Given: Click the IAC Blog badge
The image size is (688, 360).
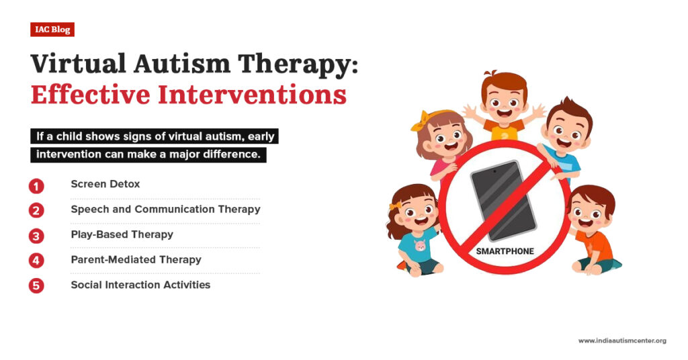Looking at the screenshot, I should (52, 30).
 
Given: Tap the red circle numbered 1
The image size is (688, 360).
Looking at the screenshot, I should (36, 185).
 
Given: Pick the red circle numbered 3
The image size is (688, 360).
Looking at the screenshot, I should (36, 236).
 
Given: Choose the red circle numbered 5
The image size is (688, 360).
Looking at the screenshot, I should (36, 285).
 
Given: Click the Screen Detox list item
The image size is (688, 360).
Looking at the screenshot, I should (105, 184).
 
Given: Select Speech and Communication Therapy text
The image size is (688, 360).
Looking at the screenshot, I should (165, 209).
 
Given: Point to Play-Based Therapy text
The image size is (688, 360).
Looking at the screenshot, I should (122, 234).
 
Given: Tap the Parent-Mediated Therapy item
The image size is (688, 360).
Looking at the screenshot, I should (136, 259).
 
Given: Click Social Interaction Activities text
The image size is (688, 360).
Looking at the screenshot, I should (140, 285).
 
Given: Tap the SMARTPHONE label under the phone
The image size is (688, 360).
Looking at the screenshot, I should (505, 251).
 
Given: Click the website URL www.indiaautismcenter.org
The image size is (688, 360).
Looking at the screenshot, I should (621, 341).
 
